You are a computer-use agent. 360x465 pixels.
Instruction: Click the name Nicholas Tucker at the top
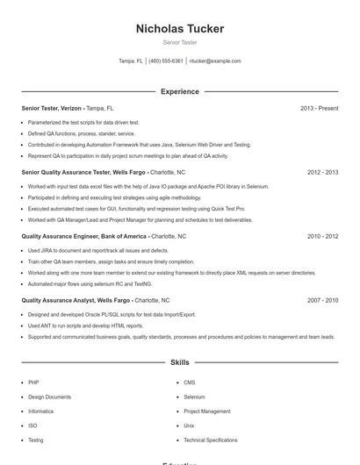179,29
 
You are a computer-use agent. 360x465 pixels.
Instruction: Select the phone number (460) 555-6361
166,61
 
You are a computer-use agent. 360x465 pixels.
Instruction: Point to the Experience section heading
179,91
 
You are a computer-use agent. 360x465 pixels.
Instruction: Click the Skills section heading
179,361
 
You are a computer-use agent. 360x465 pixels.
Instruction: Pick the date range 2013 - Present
319,108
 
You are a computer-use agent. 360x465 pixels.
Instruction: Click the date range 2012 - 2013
322,172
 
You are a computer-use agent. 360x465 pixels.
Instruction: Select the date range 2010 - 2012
322,236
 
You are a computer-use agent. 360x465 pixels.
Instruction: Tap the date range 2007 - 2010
322,300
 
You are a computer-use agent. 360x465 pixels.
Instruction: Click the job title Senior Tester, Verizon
52,108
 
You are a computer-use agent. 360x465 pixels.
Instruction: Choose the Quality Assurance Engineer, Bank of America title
84,236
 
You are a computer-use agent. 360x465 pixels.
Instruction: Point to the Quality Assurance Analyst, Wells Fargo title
76,300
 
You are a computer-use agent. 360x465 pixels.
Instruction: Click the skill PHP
33,383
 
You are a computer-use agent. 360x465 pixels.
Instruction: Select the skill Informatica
40,411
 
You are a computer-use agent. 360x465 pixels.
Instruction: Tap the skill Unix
189,426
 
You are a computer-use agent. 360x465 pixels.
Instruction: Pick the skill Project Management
207,411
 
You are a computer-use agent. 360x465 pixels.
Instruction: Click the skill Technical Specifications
211,440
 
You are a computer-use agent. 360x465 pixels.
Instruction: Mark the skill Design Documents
49,397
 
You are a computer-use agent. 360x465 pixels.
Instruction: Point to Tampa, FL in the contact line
131,61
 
